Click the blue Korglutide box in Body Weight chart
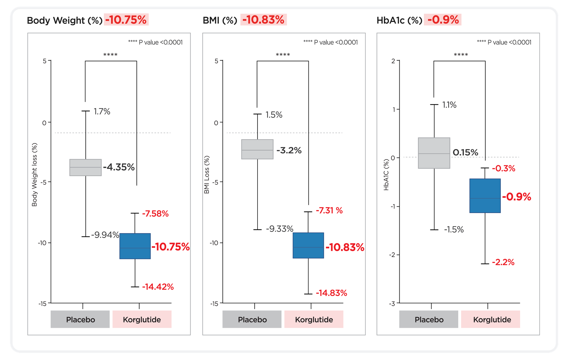coord(135,246)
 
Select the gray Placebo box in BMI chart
coord(257,149)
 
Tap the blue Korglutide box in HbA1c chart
coord(485,196)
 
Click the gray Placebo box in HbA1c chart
coord(434,153)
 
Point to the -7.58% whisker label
coord(155,214)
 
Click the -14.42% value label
coord(158,287)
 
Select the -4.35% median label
coord(119,167)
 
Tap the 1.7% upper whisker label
coord(102,112)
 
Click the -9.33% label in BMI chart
coord(280,229)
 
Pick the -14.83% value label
coord(331,293)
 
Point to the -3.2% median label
coord(289,151)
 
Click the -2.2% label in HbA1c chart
coord(503,262)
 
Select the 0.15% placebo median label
coord(465,153)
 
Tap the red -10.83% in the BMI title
coord(263,20)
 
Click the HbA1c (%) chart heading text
coord(399,21)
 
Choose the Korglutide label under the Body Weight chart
coord(142,320)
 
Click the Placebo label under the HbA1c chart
coord(429,320)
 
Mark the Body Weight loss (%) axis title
coord(34,175)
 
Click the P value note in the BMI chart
coord(330,43)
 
